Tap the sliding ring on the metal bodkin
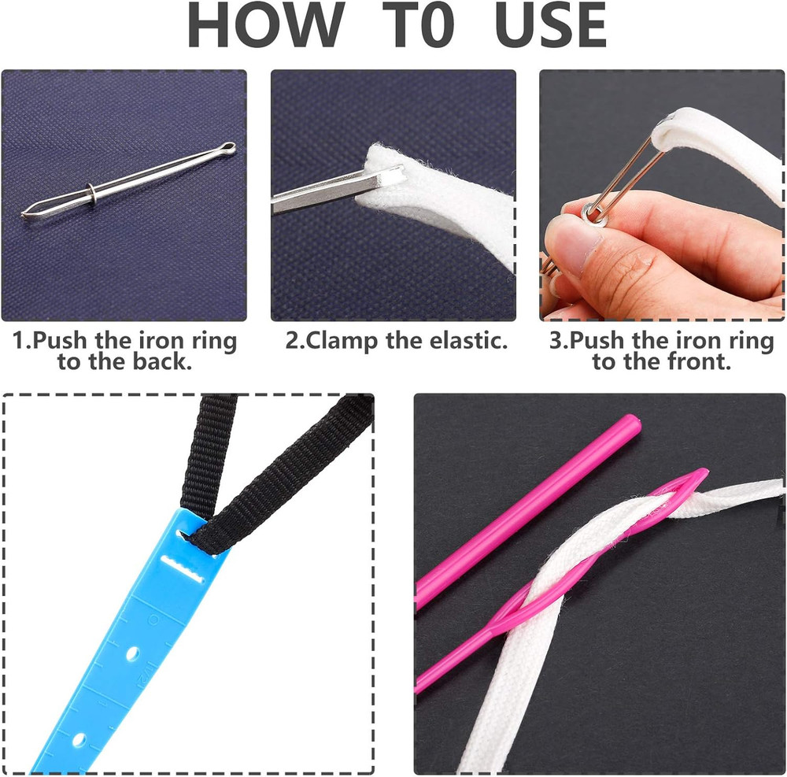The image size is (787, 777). click(x=93, y=191)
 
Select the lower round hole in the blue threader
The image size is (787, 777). click(x=79, y=740)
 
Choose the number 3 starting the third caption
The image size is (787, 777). click(x=555, y=342)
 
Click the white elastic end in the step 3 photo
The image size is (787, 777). click(x=685, y=126)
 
